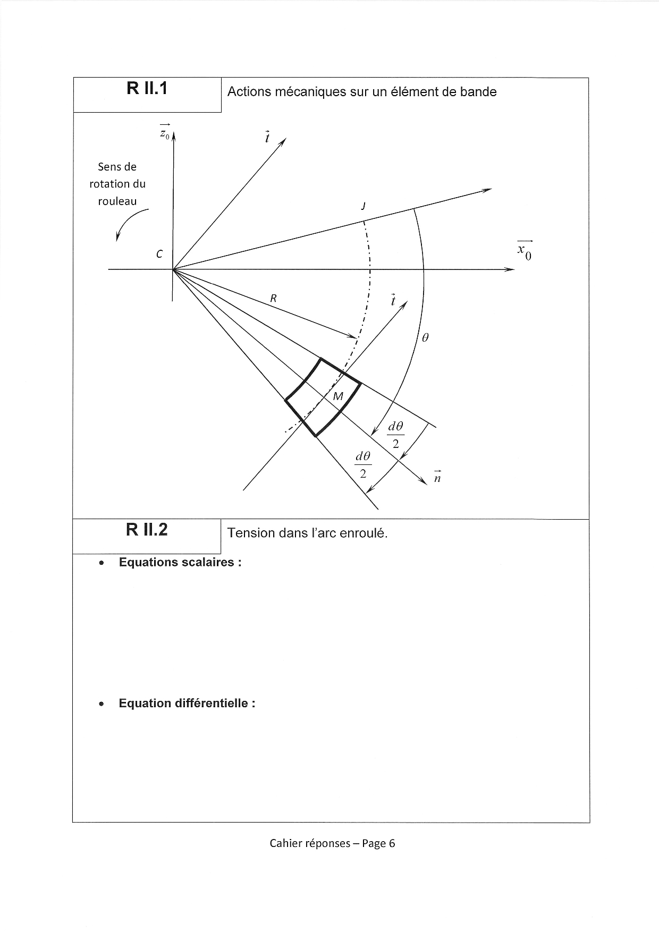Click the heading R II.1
point(147,88)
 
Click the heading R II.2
point(147,529)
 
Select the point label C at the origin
point(159,255)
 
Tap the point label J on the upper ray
point(364,206)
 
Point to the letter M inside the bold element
point(338,396)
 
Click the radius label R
point(273,299)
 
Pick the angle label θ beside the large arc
point(425,337)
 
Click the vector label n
point(437,477)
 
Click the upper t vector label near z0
point(267,137)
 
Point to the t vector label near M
point(393,300)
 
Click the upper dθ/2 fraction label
point(395,435)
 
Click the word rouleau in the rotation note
point(117,201)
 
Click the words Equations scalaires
point(180,562)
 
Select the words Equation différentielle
point(187,704)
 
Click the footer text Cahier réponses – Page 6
point(332,843)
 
